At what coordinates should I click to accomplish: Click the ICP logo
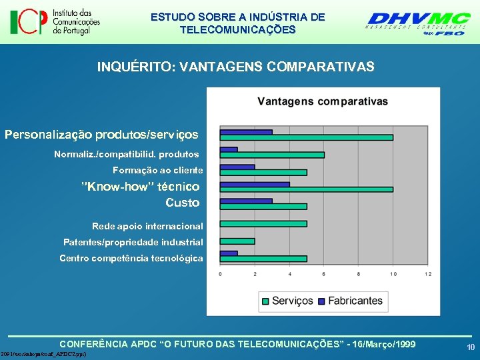pyautogui.click(x=55, y=22)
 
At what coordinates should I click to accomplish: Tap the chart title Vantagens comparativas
pyautogui.click(x=323, y=101)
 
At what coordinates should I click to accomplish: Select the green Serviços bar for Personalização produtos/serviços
pyautogui.click(x=306, y=137)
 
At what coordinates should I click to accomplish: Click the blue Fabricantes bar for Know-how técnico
pyautogui.click(x=255, y=184)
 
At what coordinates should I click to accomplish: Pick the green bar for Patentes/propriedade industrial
pyautogui.click(x=237, y=241)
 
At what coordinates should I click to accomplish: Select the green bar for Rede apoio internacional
pyautogui.click(x=263, y=224)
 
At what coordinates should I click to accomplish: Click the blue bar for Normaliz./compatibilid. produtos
pyautogui.click(x=229, y=149)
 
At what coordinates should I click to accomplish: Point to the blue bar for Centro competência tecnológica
pyautogui.click(x=229, y=253)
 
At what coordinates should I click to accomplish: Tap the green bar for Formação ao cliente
pyautogui.click(x=263, y=172)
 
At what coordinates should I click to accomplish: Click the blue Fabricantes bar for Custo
pyautogui.click(x=246, y=201)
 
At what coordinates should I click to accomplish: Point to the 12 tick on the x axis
pyautogui.click(x=427, y=274)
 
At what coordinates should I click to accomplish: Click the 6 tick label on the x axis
pyautogui.click(x=324, y=274)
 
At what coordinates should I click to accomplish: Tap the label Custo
pyautogui.click(x=182, y=203)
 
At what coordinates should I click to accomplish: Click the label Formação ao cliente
pyautogui.click(x=157, y=171)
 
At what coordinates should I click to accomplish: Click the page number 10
pyautogui.click(x=471, y=347)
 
